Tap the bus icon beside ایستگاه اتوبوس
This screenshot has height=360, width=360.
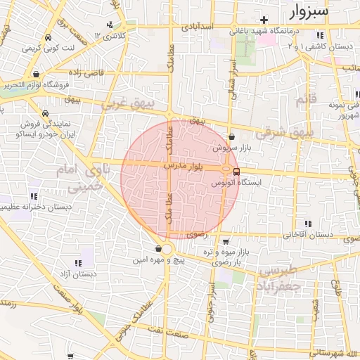coord(236,171)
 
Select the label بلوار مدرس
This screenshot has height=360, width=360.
coord(184,166)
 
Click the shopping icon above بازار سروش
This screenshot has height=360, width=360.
coord(233,137)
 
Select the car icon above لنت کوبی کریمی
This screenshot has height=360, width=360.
coord(46,38)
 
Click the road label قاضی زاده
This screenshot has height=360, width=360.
coord(86,72)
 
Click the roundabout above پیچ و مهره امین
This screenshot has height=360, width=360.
coord(166,248)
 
